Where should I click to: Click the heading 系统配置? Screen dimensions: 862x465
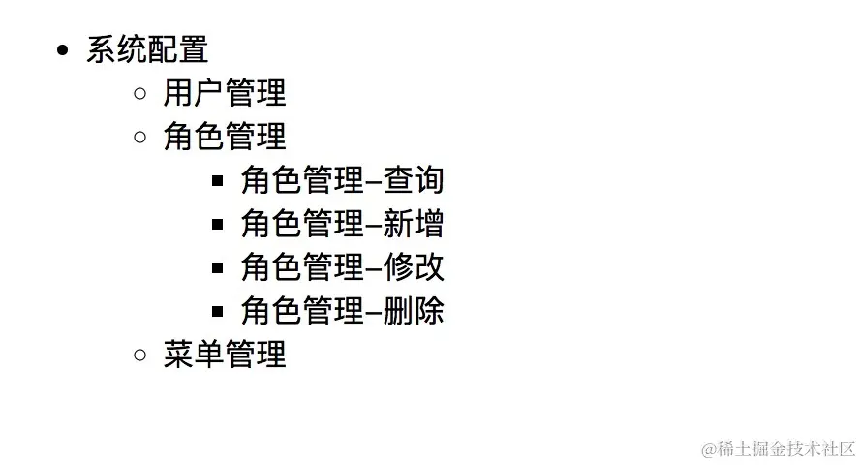(x=147, y=49)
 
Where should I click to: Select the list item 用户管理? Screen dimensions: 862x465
(x=225, y=93)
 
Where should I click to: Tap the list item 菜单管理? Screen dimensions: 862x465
(x=225, y=355)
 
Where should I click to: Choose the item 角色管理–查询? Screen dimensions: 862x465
(x=342, y=180)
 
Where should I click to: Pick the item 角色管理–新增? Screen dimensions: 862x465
(x=342, y=224)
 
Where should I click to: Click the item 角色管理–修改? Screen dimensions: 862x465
(x=342, y=267)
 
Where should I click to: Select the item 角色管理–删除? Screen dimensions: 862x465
(x=342, y=311)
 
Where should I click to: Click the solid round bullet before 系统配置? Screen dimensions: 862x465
(x=64, y=50)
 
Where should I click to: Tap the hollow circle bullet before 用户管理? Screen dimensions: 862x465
(x=140, y=94)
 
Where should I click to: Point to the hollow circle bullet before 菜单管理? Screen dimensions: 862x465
(x=140, y=356)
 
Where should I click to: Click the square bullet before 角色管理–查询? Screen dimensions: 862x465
(x=218, y=181)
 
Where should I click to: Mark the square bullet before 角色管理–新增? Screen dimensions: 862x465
(x=218, y=225)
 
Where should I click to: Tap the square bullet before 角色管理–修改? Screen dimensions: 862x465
(x=218, y=268)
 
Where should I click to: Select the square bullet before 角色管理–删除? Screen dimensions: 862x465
(x=218, y=312)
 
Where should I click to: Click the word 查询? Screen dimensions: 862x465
(x=414, y=180)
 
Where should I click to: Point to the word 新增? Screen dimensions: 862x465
(x=414, y=224)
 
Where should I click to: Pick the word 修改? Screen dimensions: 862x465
(x=414, y=267)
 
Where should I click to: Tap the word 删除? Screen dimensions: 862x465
(x=414, y=311)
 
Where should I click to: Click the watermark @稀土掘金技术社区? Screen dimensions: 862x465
(x=779, y=449)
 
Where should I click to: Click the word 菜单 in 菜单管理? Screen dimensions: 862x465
(x=194, y=355)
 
